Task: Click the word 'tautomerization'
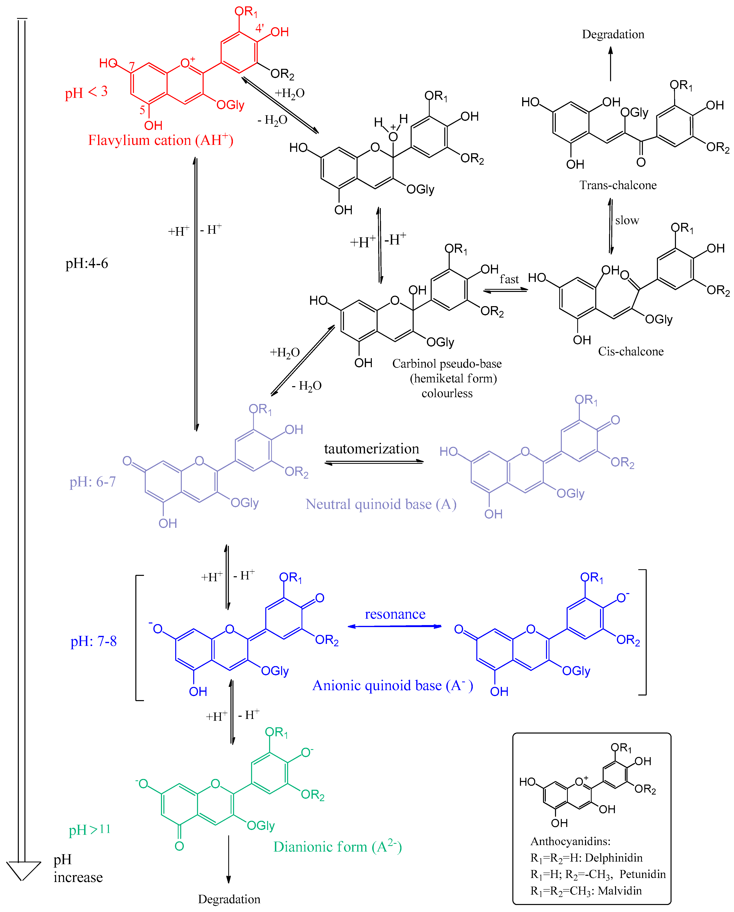(x=371, y=449)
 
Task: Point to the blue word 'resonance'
(x=395, y=614)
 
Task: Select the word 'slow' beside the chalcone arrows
(x=627, y=220)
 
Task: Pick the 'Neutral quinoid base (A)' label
(x=381, y=504)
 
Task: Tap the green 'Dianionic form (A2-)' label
(x=337, y=847)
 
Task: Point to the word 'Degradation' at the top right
(x=613, y=34)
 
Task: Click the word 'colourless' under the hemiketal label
(x=447, y=393)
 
